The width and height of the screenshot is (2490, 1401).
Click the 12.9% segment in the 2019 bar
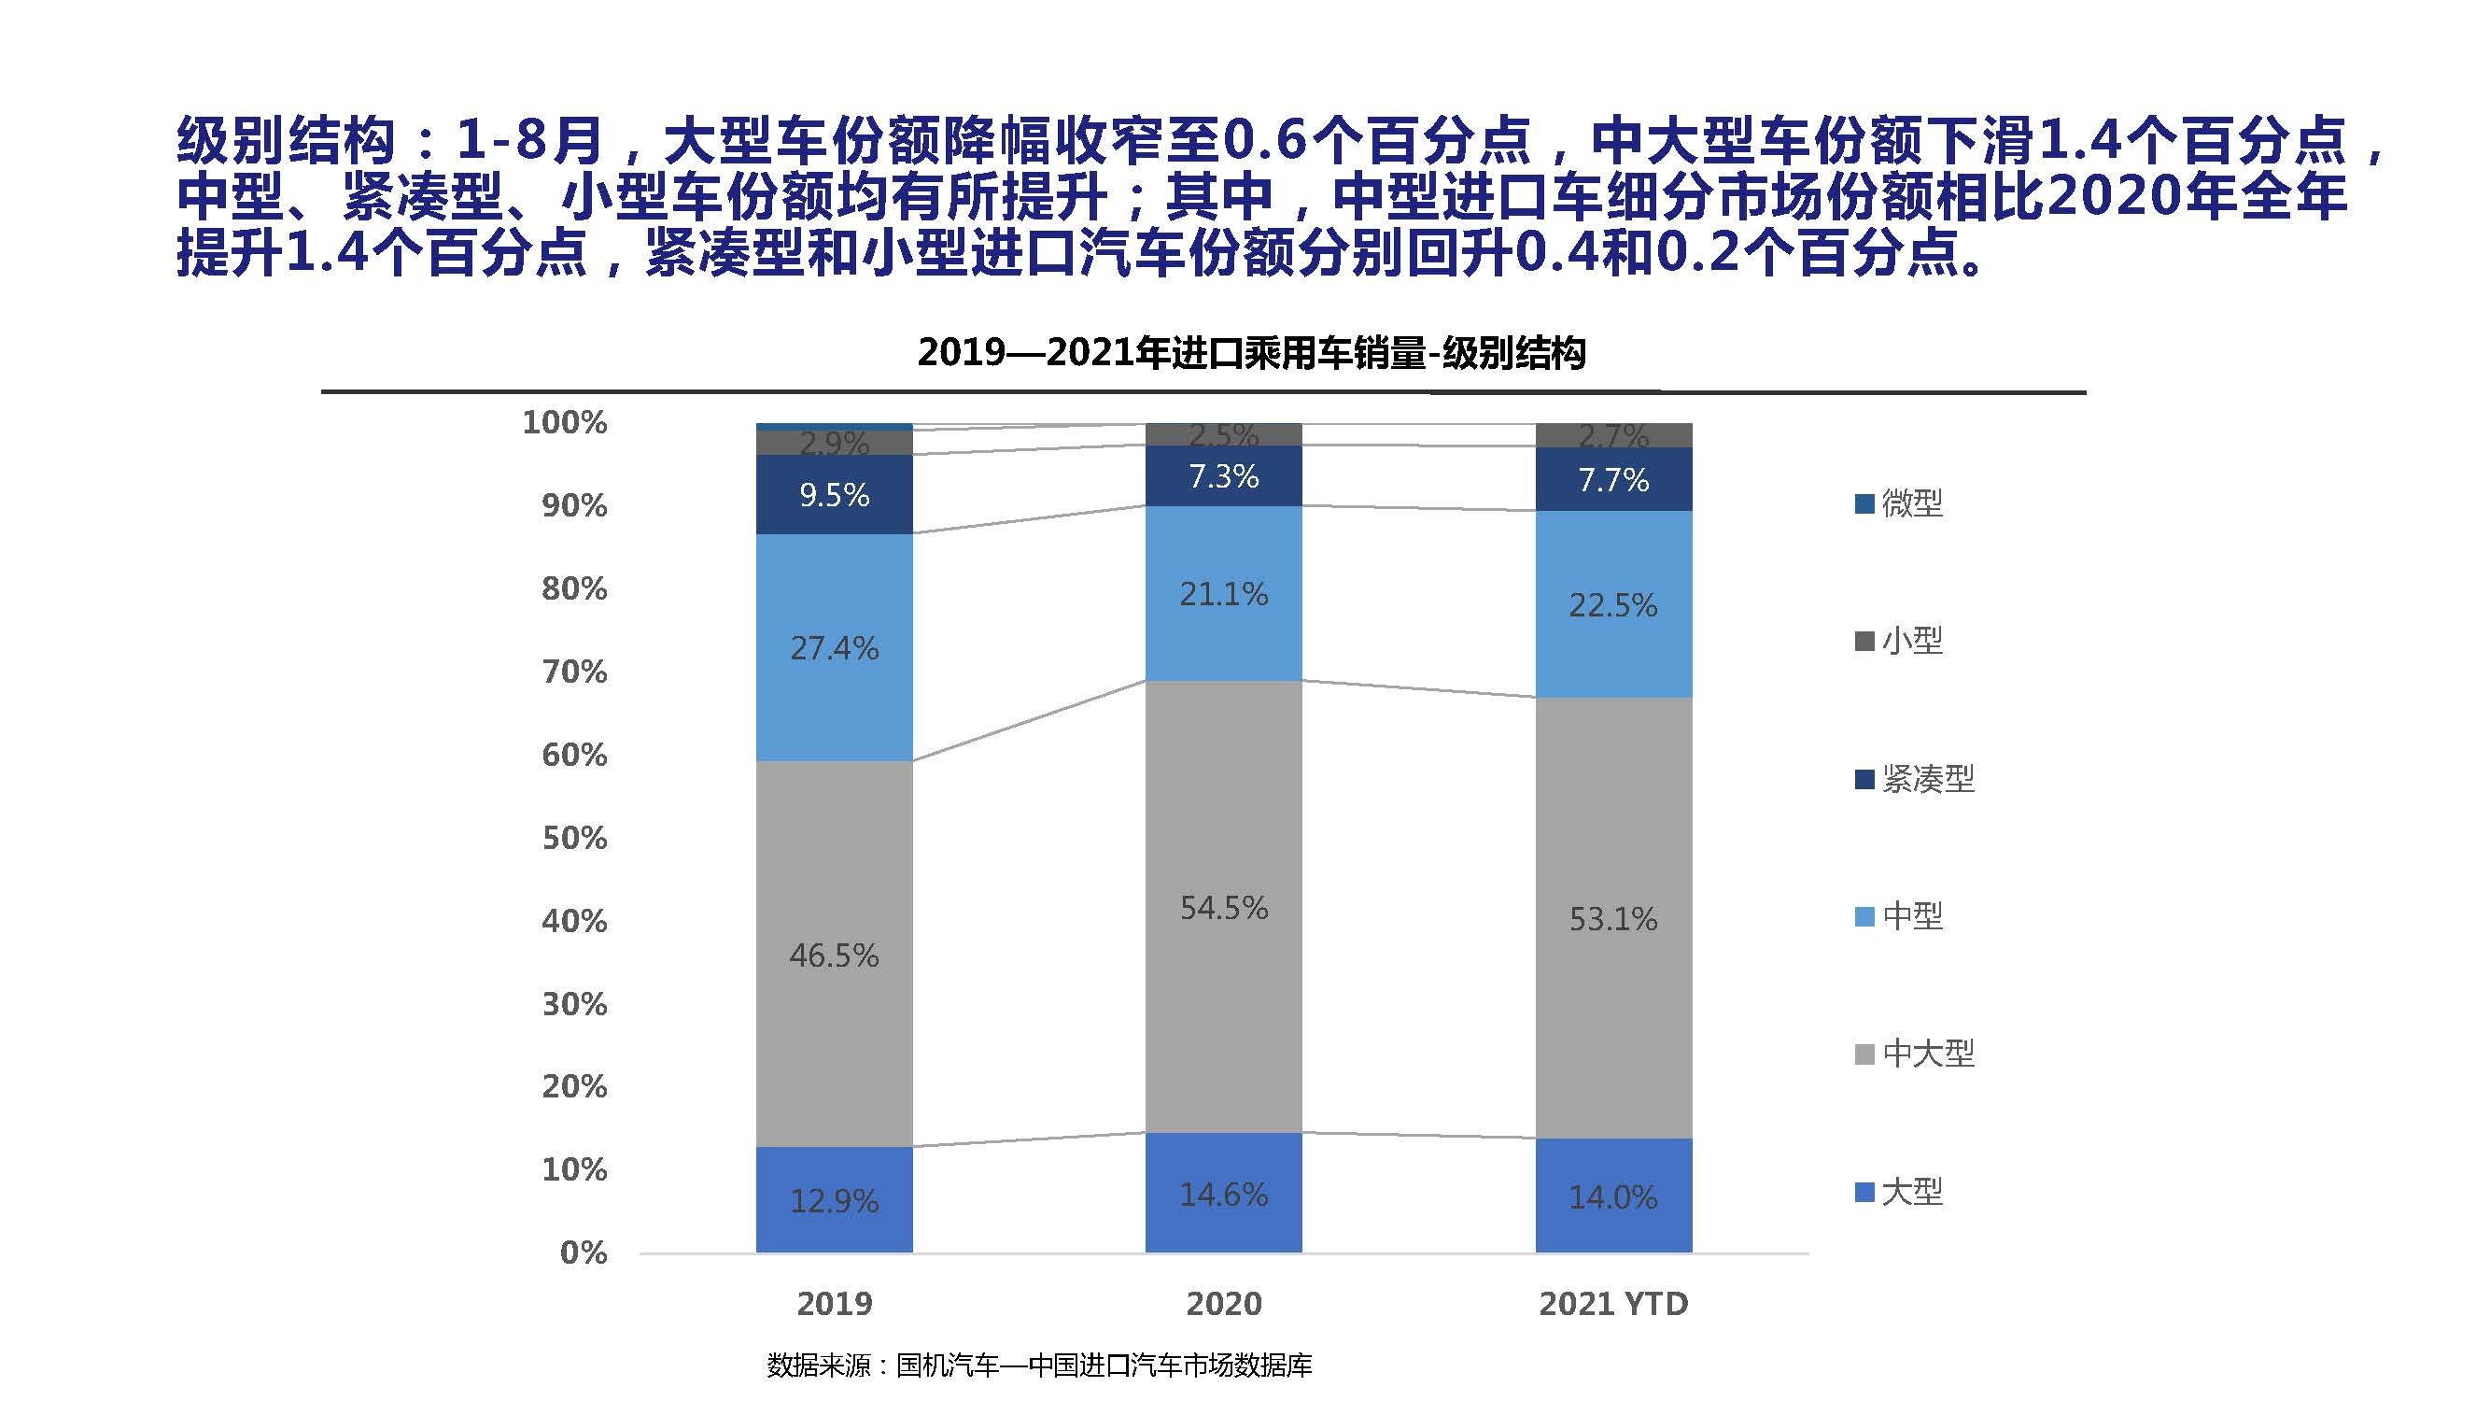833,1200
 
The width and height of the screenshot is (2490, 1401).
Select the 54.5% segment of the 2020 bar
1223,907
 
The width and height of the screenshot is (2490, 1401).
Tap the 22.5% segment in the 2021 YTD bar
1612,604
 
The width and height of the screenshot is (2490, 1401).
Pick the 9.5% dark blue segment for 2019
833,495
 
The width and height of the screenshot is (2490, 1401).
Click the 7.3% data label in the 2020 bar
1223,476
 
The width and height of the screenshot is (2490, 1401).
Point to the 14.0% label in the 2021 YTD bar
1612,1197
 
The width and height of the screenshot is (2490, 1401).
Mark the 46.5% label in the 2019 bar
833,955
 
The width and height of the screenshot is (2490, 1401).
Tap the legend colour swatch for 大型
1864,1191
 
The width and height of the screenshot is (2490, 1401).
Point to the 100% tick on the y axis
565,422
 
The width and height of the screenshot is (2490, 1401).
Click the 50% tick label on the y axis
574,837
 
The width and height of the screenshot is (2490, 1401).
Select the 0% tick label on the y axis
583,1253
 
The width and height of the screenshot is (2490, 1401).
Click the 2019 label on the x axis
833,1303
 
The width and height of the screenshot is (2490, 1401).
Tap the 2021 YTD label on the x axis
1612,1303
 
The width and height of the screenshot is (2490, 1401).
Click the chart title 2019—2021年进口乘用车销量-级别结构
1251,353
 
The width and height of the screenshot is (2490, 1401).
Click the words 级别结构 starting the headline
285,140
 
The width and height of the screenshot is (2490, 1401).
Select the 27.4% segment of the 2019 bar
833,647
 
